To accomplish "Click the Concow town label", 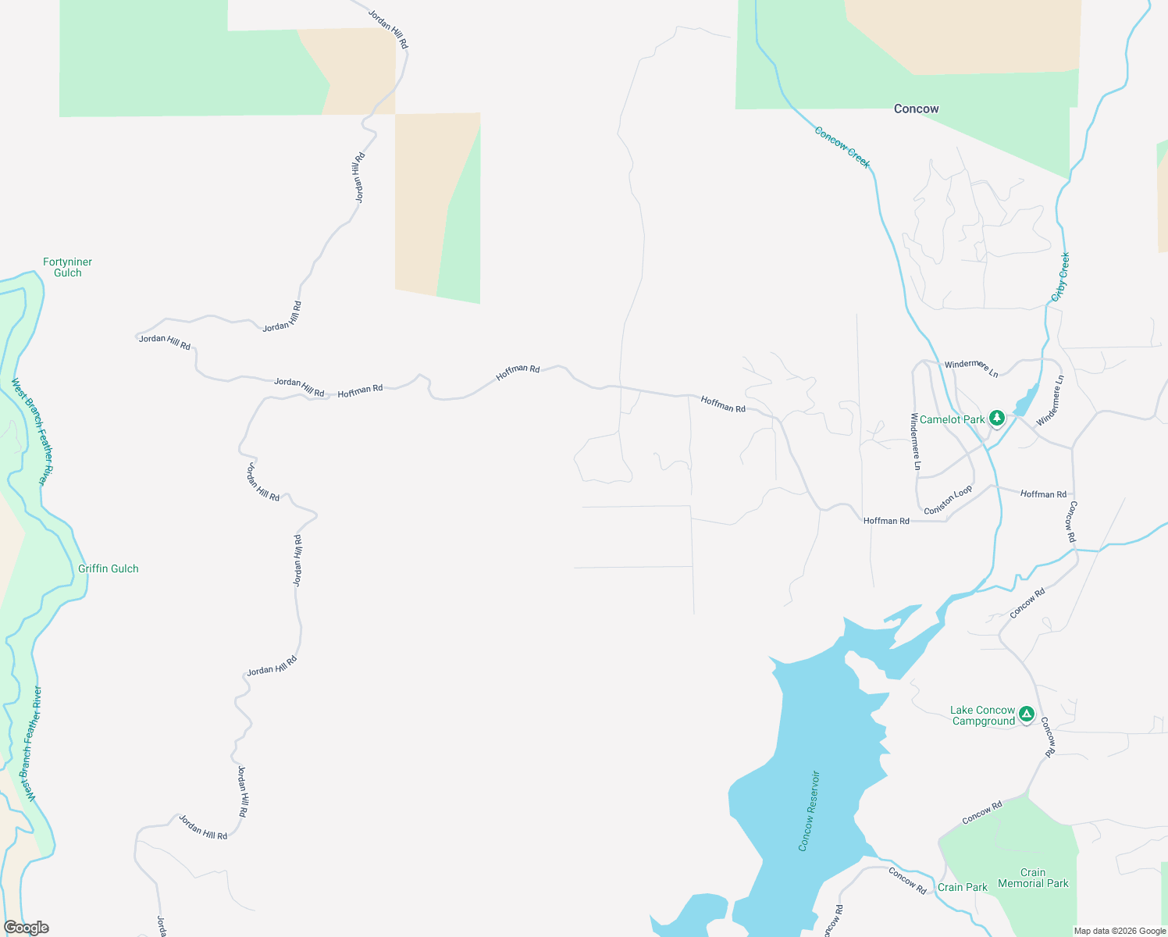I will point(916,109).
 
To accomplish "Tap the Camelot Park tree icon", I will point(996,419).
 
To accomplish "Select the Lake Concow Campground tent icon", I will point(1026,714).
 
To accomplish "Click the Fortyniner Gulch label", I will point(68,267).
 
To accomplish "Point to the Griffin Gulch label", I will point(109,568).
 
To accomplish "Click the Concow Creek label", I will point(842,147).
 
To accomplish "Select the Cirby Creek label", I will point(1060,276).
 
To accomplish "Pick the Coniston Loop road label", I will point(948,501).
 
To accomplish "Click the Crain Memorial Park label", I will point(1033,878).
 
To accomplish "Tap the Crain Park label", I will point(962,887).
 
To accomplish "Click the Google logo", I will point(27,928).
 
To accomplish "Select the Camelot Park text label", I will point(952,419).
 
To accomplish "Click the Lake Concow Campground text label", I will point(983,715).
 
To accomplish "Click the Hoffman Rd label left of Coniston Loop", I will point(886,521).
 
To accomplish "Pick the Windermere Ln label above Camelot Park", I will point(971,367).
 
